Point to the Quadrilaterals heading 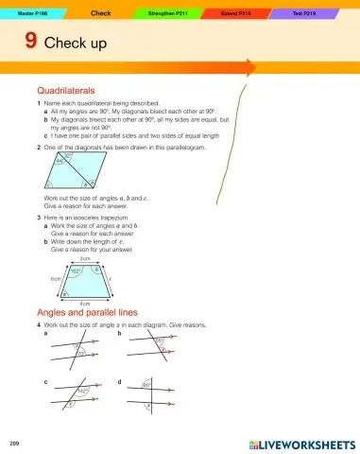pyautogui.click(x=68, y=90)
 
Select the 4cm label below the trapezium pyautogui.click(x=84, y=305)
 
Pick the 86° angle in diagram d pyautogui.click(x=146, y=386)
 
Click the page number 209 pyautogui.click(x=13, y=443)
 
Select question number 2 pyautogui.click(x=38, y=148)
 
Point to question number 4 pyautogui.click(x=38, y=324)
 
